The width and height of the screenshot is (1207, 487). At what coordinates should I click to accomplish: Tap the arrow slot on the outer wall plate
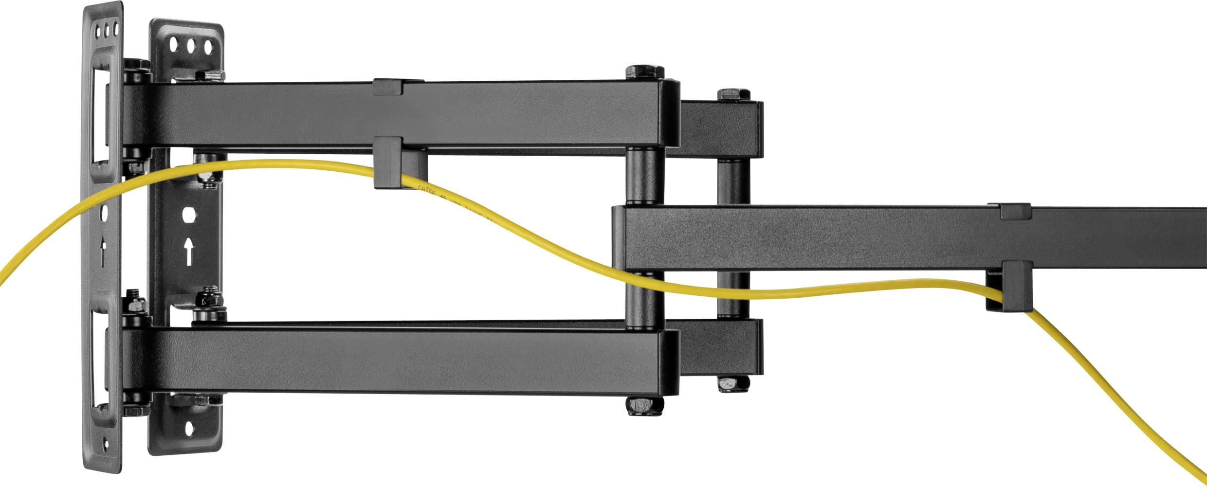(x=102, y=251)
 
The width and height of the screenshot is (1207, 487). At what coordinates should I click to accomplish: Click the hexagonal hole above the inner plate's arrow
(x=189, y=214)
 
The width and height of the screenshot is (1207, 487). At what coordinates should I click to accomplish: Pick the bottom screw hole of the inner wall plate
(x=189, y=428)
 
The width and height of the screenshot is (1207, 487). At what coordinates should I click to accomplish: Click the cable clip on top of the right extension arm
(x=1015, y=211)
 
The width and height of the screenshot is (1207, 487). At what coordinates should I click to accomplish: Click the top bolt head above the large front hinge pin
(x=644, y=72)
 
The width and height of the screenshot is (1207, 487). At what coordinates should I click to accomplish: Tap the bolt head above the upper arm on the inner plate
(x=209, y=75)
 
